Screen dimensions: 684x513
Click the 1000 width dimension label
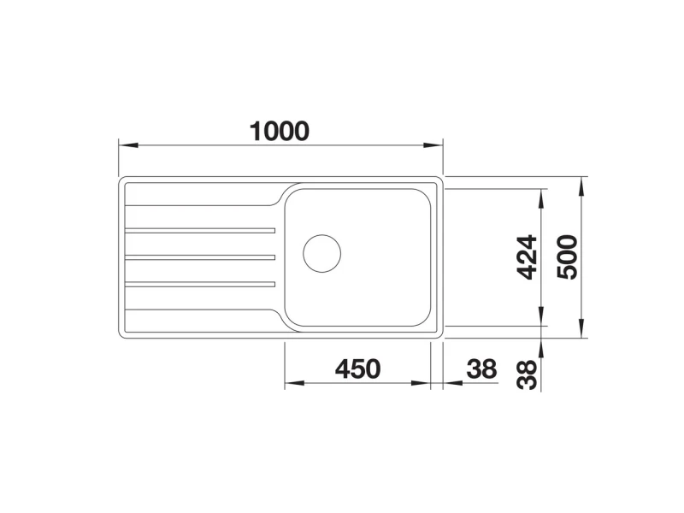[x=280, y=131]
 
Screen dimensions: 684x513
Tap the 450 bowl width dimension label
[x=357, y=369]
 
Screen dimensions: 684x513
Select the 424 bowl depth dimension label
[x=527, y=257]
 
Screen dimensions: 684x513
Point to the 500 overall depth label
[x=567, y=257]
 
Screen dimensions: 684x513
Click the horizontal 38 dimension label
[x=481, y=369]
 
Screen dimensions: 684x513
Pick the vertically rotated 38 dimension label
[x=527, y=374]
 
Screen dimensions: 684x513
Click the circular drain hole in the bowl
[x=322, y=253]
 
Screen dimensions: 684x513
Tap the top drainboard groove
[x=200, y=230]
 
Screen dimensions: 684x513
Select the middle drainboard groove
[x=200, y=257]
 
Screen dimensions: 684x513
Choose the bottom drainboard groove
[x=200, y=285]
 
